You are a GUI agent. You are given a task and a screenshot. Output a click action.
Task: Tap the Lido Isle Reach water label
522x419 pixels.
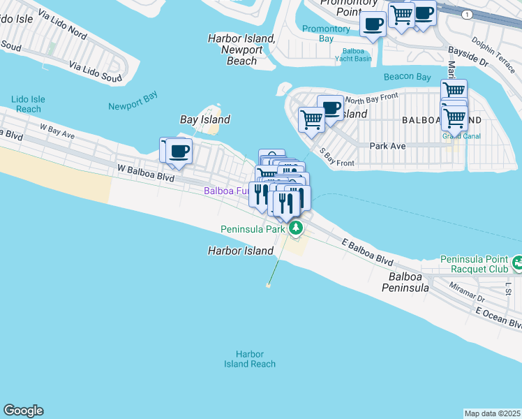(x=29, y=104)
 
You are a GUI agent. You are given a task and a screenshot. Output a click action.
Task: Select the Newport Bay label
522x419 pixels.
(x=133, y=106)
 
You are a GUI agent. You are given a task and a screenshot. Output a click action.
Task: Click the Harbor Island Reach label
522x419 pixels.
(x=250, y=359)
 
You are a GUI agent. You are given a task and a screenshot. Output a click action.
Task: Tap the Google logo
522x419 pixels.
(x=23, y=411)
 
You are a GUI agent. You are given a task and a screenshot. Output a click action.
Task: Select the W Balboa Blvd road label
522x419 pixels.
(x=145, y=172)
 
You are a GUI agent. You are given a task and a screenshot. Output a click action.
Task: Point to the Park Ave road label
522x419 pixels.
(x=387, y=147)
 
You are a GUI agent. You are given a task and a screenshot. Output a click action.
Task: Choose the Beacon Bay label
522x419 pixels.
(x=407, y=77)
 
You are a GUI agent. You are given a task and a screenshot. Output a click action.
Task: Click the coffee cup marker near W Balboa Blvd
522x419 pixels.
(x=179, y=151)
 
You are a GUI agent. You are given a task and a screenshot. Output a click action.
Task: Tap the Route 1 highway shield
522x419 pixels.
(x=465, y=15)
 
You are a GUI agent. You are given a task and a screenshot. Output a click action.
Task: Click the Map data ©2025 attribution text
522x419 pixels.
(x=492, y=413)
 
